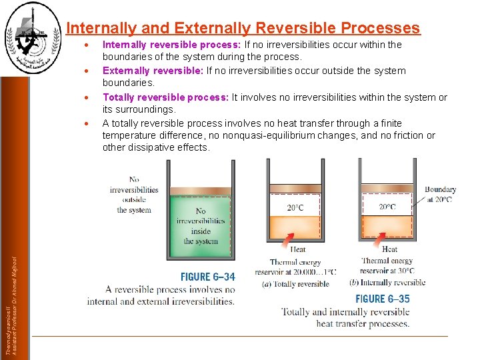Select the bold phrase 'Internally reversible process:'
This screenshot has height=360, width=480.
tap(171, 45)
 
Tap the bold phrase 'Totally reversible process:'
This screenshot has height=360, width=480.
tap(165, 97)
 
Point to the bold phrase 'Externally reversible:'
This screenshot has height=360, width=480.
tap(153, 71)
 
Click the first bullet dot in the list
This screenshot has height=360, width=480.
tap(87, 45)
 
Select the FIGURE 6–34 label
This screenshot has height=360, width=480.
tap(208, 277)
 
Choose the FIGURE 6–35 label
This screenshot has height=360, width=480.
tap(382, 299)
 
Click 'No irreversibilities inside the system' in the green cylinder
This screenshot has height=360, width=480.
tap(201, 226)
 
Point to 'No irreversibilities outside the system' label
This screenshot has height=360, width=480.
tap(134, 194)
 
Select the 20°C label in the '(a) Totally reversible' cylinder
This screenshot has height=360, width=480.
tap(295, 207)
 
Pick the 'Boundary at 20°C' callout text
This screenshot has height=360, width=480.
tap(440, 194)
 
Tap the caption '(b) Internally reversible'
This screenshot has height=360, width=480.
tap(387, 282)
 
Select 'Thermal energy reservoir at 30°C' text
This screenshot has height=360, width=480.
tap(387, 265)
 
